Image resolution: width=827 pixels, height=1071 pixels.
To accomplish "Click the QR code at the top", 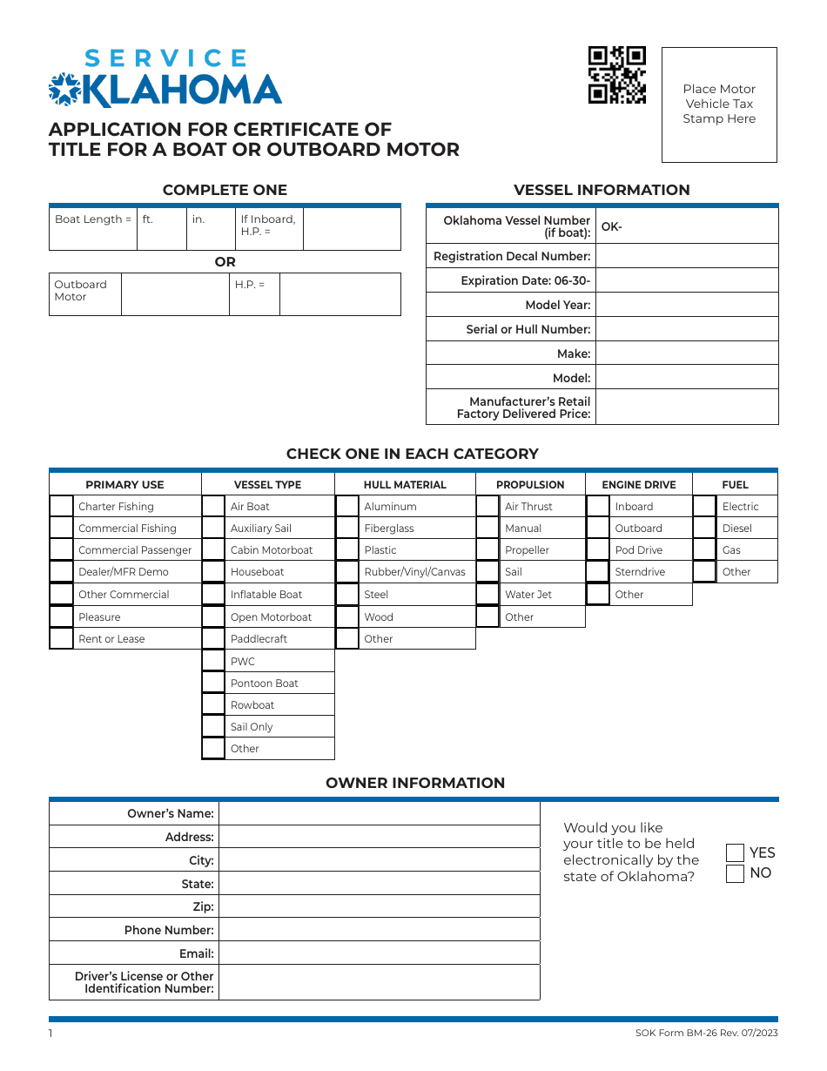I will (x=617, y=75).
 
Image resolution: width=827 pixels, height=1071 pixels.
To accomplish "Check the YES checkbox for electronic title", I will (x=736, y=852).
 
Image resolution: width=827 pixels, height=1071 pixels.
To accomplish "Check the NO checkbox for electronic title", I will (x=736, y=873).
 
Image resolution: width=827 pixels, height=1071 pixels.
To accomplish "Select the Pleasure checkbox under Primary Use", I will (x=62, y=616).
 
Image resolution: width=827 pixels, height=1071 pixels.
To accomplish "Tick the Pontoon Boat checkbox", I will (x=213, y=683).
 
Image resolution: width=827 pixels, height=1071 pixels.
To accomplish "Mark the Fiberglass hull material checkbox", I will (x=347, y=528).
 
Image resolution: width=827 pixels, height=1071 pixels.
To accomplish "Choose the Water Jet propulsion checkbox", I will (x=488, y=594).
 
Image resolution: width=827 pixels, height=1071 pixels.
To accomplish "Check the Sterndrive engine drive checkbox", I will (x=598, y=571).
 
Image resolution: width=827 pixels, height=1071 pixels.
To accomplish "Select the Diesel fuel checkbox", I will (x=704, y=528).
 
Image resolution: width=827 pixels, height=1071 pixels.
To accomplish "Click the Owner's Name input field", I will (x=379, y=813).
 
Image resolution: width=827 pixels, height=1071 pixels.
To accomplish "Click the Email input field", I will (x=379, y=953).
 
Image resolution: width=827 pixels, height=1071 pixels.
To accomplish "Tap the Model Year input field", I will (x=686, y=305).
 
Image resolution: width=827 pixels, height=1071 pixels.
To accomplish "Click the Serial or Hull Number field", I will (x=686, y=329).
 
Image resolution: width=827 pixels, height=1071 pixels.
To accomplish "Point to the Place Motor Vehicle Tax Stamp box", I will (x=719, y=104).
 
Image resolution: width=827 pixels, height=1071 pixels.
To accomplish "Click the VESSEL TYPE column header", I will (x=267, y=485).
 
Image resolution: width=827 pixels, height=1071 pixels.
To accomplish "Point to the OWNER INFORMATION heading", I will (x=415, y=783).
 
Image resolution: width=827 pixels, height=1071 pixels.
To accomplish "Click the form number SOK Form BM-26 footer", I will (x=707, y=1033).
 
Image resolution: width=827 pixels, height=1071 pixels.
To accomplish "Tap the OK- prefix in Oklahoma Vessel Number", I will (x=612, y=227).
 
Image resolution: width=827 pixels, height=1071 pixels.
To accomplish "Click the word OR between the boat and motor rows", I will (x=225, y=262).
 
